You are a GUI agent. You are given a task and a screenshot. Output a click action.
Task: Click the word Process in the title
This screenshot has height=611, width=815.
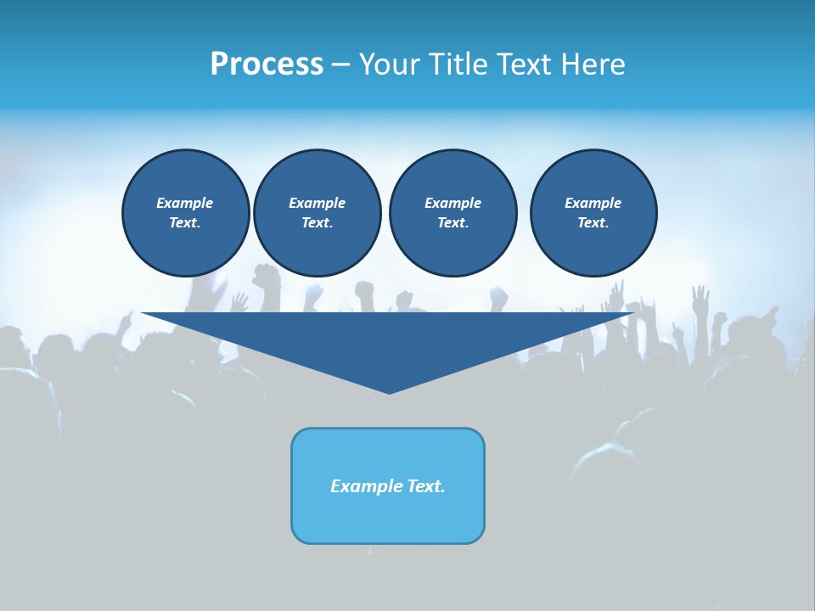267,64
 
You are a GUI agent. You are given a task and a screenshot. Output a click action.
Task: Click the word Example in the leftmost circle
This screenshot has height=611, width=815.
185,203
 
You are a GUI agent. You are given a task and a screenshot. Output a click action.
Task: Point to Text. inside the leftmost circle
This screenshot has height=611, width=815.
185,223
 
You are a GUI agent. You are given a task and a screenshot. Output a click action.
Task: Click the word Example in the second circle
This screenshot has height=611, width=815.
317,203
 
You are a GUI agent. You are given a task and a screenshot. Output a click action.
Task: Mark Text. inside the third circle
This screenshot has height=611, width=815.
452,223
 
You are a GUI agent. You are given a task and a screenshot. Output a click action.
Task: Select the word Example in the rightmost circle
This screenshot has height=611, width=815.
593,203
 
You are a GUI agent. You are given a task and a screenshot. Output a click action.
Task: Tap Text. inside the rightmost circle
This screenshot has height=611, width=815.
593,223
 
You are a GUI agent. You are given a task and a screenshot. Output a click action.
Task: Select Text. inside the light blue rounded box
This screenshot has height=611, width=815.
425,486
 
